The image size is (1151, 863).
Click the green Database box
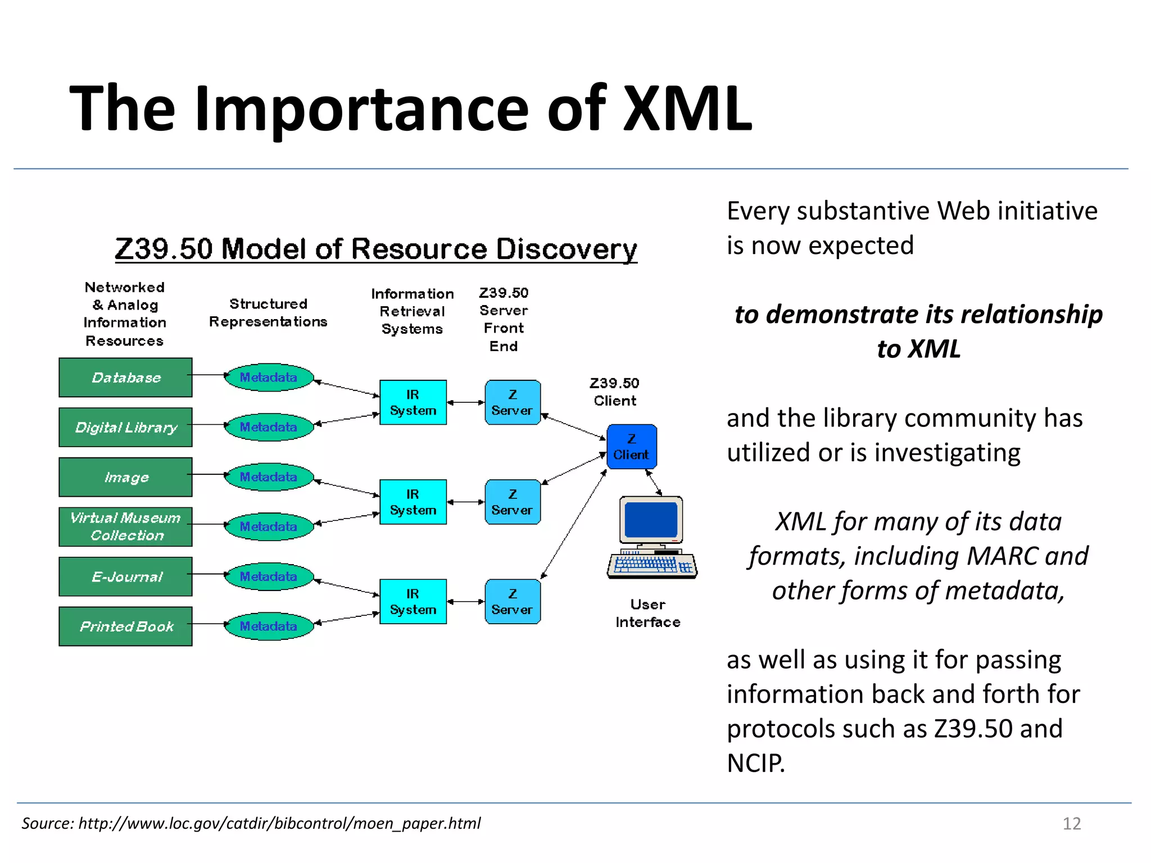pyautogui.click(x=125, y=378)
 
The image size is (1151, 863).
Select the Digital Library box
pyautogui.click(x=125, y=428)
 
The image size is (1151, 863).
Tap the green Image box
pyautogui.click(x=125, y=477)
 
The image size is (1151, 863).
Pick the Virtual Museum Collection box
pyautogui.click(x=125, y=526)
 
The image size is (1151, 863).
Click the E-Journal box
pyautogui.click(x=125, y=576)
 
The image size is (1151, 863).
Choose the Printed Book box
pyautogui.click(x=125, y=626)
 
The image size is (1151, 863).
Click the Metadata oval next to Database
pyautogui.click(x=269, y=378)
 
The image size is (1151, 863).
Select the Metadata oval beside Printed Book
pyautogui.click(x=269, y=626)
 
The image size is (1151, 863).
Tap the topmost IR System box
pyautogui.click(x=413, y=402)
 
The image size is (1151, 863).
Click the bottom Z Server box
pyautogui.click(x=512, y=602)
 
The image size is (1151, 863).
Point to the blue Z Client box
pyautogui.click(x=631, y=447)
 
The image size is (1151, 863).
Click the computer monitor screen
pyautogui.click(x=651, y=520)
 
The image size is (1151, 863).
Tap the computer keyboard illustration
pyautogui.click(x=652, y=565)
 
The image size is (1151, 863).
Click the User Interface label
pyautogui.click(x=647, y=613)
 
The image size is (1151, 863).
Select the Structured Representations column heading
pyautogui.click(x=268, y=312)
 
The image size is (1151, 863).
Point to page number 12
pyautogui.click(x=1071, y=823)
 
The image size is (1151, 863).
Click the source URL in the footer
pyautogui.click(x=279, y=823)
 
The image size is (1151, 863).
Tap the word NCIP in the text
pyautogui.click(x=755, y=763)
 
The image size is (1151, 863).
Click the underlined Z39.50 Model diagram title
pyautogui.click(x=376, y=249)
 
